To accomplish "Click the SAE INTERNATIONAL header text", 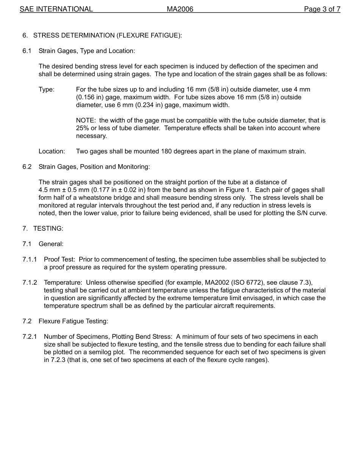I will (56, 9).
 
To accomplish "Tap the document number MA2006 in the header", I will (180, 9).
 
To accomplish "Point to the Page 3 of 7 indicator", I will (322, 9).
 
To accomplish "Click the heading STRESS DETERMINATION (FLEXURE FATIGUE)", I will (107, 35).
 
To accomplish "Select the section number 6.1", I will (27, 51).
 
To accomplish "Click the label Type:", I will (47, 89).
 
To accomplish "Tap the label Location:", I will (52, 151).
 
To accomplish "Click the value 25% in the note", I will (83, 128).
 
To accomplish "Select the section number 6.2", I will (27, 167).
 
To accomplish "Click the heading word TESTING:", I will (48, 229).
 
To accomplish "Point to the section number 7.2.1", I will (30, 337).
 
